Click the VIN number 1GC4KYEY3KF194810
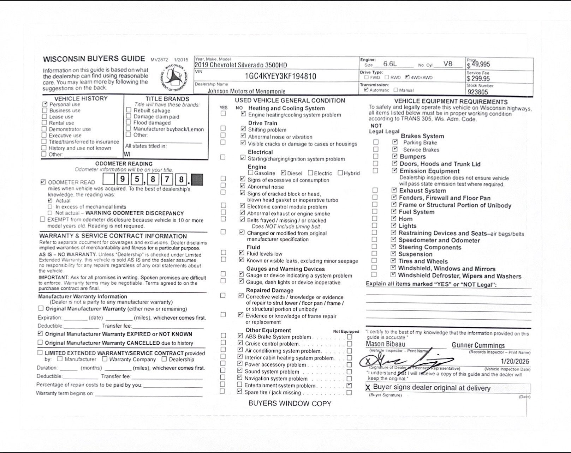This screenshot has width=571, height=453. click(280, 76)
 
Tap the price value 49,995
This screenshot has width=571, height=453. click(481, 64)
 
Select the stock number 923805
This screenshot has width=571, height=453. click(478, 92)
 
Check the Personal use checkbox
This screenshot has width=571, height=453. click(45, 104)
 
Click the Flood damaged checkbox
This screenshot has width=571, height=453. click(129, 122)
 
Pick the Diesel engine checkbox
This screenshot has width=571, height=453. click(284, 173)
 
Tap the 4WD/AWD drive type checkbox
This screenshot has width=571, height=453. click(408, 77)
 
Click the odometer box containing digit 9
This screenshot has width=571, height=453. click(122, 180)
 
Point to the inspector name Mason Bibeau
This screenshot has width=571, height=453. click(385, 344)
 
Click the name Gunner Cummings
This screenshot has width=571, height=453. click(478, 345)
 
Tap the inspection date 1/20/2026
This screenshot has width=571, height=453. click(515, 361)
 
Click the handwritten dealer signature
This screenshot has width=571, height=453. click(406, 361)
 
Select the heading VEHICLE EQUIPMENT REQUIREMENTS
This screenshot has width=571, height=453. click(451, 102)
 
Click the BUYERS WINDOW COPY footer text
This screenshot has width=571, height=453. click(290, 404)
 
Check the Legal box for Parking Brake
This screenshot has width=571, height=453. click(395, 142)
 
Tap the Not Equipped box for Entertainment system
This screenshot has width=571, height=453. click(349, 386)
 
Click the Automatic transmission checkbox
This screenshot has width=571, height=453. click(366, 90)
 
